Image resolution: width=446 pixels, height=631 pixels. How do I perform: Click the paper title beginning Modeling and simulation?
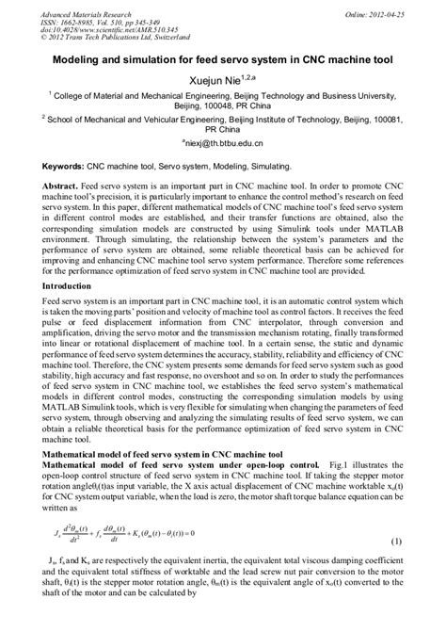point(223,57)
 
